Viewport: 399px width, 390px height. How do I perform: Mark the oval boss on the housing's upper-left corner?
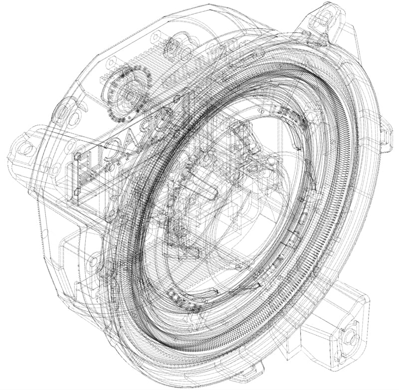click(x=63, y=113)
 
